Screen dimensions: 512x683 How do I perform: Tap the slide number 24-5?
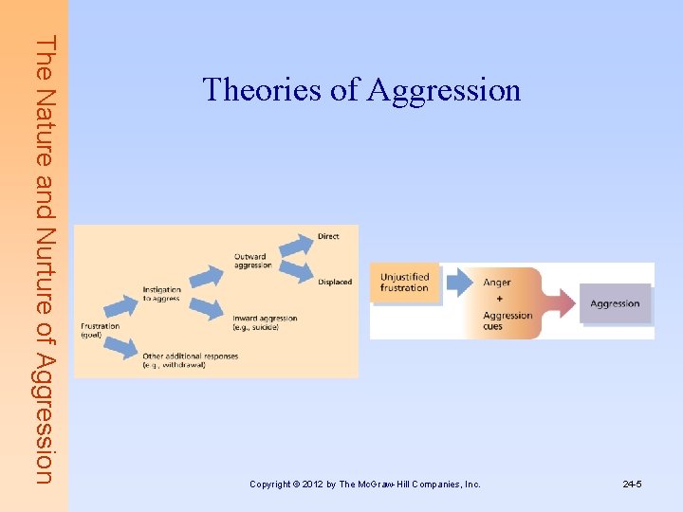click(x=633, y=485)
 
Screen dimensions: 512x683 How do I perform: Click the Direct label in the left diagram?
click(x=328, y=236)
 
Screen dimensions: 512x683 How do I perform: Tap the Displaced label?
click(x=335, y=282)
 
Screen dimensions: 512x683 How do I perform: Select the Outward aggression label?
click(x=253, y=261)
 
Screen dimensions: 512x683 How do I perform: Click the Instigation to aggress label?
click(x=162, y=294)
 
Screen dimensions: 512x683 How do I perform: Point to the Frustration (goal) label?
click(x=100, y=330)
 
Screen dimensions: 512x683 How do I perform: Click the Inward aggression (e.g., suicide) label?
click(x=265, y=322)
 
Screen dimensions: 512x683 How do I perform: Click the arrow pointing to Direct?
click(x=296, y=246)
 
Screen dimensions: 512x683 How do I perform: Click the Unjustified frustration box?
click(x=405, y=283)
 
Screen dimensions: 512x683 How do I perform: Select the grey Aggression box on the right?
click(x=615, y=303)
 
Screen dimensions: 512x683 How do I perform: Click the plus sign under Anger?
click(x=499, y=299)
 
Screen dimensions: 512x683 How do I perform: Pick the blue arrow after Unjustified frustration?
click(x=460, y=281)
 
